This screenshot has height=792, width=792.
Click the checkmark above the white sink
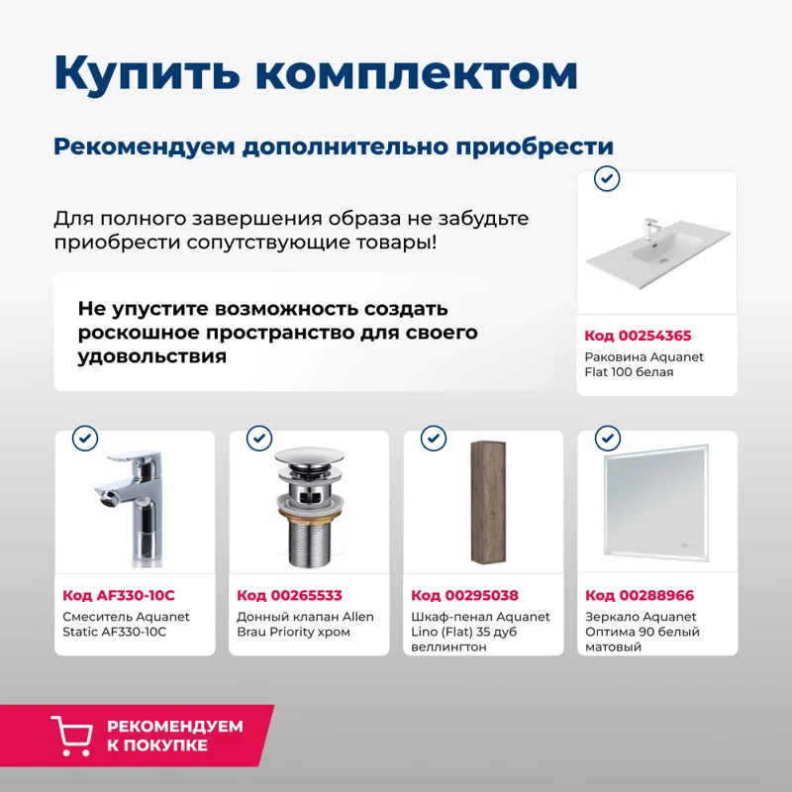click(606, 179)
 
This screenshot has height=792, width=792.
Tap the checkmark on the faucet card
click(86, 439)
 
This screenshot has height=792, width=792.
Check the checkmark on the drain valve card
click(259, 439)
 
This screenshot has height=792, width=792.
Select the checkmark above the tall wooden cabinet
click(434, 439)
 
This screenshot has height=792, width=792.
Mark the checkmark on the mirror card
click(606, 439)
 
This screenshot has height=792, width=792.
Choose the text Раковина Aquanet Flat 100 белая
click(643, 364)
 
